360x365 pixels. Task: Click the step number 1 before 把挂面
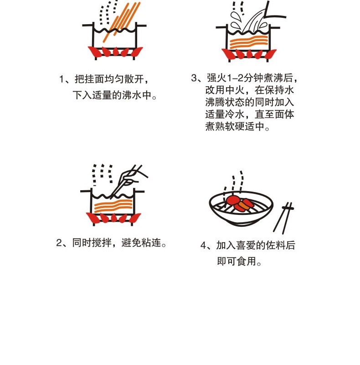(62, 79)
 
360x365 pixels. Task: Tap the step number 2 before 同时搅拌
(59, 243)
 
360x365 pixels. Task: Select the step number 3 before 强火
(194, 78)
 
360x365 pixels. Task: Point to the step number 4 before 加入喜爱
(203, 245)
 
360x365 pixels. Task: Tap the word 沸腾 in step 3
(215, 102)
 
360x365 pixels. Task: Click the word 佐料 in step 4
(276, 245)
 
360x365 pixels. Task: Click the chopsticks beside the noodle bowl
(283, 218)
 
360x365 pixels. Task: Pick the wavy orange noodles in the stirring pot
(113, 206)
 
